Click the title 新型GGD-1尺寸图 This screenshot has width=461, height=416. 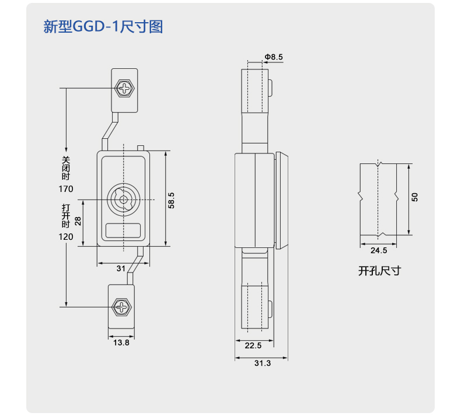[103, 26]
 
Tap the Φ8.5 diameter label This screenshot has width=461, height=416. [274, 57]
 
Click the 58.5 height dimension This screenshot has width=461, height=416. [171, 201]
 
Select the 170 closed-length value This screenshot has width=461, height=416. [66, 188]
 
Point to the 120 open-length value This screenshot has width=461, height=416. [66, 237]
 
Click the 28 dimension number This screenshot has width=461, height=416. [78, 221]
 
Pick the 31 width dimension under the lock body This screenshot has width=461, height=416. [121, 268]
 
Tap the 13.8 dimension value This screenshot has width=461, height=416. [121, 342]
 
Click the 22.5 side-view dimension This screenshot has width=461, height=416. [253, 345]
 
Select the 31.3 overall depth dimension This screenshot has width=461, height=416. [263, 363]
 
